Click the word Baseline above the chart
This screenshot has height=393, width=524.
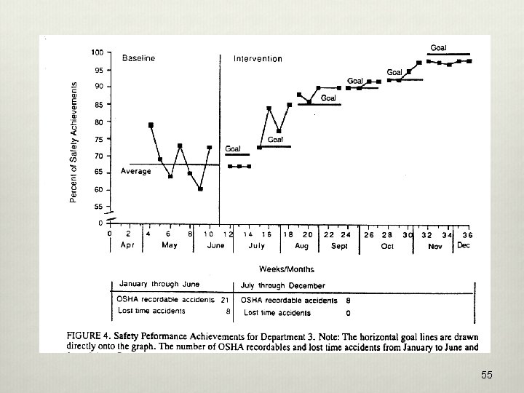(x=138, y=57)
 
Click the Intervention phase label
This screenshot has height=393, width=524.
(x=258, y=59)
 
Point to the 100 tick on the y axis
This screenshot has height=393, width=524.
(x=97, y=52)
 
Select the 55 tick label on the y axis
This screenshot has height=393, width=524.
(x=98, y=207)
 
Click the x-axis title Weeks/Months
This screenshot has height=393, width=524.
(x=287, y=269)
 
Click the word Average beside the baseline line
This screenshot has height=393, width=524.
(x=136, y=172)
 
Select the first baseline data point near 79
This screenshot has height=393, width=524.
(x=151, y=125)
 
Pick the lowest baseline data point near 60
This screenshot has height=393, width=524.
(x=200, y=189)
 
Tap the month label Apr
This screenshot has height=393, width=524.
(x=127, y=246)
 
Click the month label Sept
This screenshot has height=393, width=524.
(x=339, y=246)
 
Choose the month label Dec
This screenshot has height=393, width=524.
(x=464, y=245)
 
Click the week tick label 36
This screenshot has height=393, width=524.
(x=467, y=234)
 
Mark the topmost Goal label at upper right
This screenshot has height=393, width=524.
(x=439, y=47)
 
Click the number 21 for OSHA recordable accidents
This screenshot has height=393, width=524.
(x=225, y=299)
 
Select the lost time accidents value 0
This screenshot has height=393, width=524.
(x=349, y=312)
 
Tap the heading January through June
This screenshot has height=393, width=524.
(x=159, y=285)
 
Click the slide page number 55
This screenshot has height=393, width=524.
(x=487, y=375)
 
